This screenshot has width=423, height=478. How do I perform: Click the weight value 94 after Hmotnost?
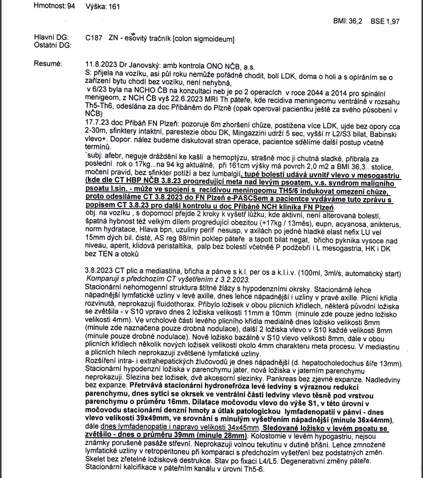coord(71,6)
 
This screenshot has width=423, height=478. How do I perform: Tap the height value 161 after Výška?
coord(114,7)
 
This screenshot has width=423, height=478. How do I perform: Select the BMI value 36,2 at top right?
coord(355,21)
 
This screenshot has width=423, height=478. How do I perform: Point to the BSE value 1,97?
coord(392,21)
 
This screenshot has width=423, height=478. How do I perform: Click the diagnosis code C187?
coord(94,38)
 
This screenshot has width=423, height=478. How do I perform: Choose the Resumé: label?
coord(48,64)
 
